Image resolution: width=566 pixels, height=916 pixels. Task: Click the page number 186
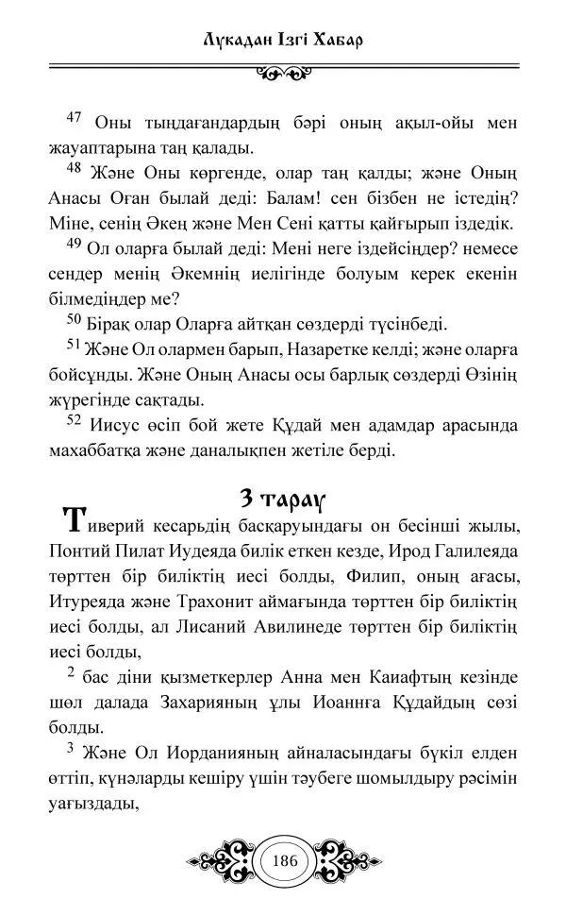click(283, 861)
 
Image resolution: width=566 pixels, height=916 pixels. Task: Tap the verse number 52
click(75, 422)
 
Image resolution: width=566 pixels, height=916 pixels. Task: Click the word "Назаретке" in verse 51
click(335, 349)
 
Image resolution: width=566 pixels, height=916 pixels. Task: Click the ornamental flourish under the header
click(283, 72)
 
